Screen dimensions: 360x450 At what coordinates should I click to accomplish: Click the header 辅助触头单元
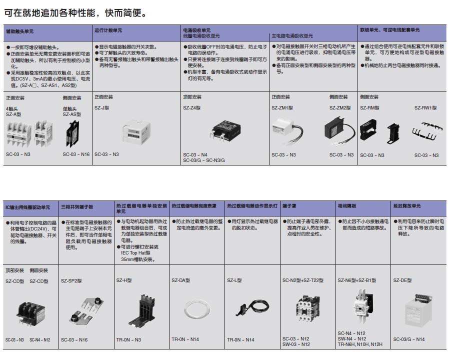(19, 30)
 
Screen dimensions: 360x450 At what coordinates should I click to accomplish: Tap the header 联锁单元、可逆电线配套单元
(390, 30)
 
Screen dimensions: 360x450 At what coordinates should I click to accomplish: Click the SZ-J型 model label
(102, 107)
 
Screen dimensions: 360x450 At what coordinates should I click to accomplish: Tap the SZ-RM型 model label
(369, 107)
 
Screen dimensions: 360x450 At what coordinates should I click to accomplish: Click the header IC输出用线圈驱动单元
(27, 206)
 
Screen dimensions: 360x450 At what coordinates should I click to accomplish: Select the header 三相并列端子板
(77, 206)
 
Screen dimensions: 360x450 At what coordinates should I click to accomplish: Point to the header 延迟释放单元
(407, 206)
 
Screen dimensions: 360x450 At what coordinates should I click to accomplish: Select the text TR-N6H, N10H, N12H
(359, 344)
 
